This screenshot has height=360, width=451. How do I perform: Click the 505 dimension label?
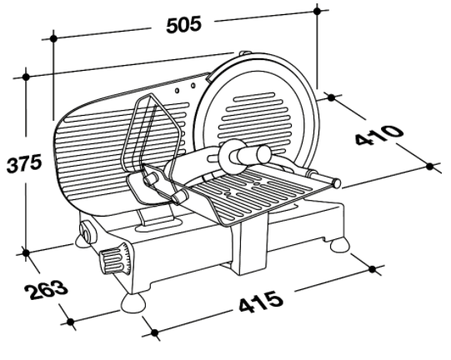(x=183, y=24)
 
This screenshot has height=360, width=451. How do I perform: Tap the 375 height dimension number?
(x=24, y=163)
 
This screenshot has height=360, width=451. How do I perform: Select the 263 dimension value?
(x=47, y=288)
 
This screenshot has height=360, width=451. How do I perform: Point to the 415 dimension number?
(x=261, y=302)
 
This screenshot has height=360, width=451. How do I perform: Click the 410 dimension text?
(x=379, y=135)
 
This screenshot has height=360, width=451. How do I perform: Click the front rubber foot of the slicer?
(x=133, y=303)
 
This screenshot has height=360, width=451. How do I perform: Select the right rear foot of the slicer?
(x=340, y=245)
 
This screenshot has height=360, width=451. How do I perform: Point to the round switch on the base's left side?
(x=87, y=231)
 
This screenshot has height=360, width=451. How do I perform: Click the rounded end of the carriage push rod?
(x=337, y=182)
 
